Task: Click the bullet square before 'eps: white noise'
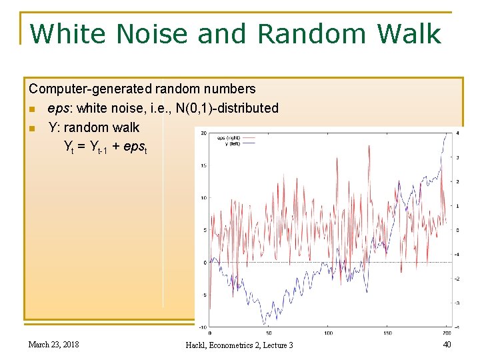tap(32, 109)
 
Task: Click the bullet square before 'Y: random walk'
tap(32, 128)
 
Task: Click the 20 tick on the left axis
tap(203, 133)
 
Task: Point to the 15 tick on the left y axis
tap(203, 165)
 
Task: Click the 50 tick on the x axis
tap(269, 332)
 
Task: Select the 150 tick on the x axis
tap(387, 332)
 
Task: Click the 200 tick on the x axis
tap(446, 332)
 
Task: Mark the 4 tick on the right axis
tap(457, 133)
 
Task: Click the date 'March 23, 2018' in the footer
tap(53, 344)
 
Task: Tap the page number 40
tap(447, 344)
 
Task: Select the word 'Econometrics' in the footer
tap(231, 345)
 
